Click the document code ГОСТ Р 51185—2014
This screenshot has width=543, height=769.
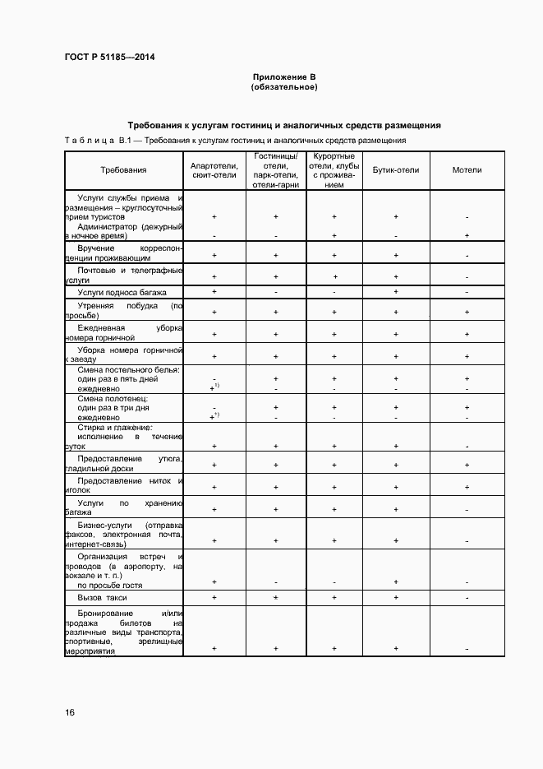tap(109, 57)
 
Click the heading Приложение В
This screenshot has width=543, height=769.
tap(283, 76)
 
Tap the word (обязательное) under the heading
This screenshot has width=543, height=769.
tap(283, 86)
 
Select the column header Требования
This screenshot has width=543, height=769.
tap(123, 170)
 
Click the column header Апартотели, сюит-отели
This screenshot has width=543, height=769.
tap(214, 170)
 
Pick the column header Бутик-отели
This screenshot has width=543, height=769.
tap(396, 170)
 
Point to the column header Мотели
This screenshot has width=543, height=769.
tap(467, 170)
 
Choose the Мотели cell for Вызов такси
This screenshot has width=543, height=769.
tap(467, 598)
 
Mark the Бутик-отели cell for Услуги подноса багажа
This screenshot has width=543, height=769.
tap(396, 292)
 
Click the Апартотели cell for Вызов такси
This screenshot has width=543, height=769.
tap(214, 598)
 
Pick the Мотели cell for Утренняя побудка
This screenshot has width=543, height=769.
tap(467, 313)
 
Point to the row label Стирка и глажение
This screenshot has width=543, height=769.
tap(115, 428)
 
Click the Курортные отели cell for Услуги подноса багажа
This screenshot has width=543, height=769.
tap(334, 292)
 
